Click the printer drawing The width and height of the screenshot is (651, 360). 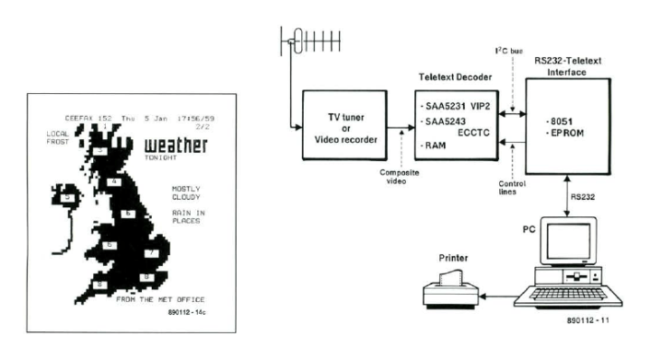point(450,290)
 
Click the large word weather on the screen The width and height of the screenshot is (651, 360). point(175,145)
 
